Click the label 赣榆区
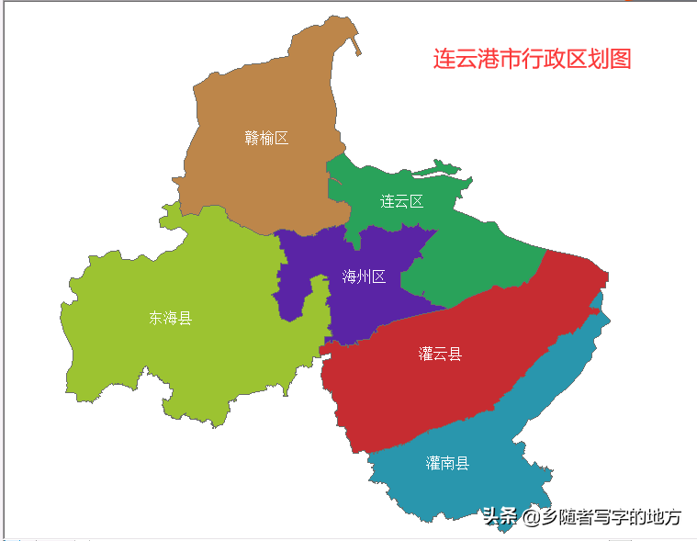[x=266, y=138]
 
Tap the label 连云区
[x=402, y=201]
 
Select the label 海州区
[x=364, y=276]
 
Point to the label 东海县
[x=171, y=318]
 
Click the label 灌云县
[x=440, y=354]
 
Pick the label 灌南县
[x=447, y=463]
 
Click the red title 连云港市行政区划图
[x=533, y=59]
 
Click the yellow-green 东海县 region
[x=184, y=358]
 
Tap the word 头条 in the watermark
[x=501, y=517]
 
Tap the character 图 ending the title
[x=620, y=59]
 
